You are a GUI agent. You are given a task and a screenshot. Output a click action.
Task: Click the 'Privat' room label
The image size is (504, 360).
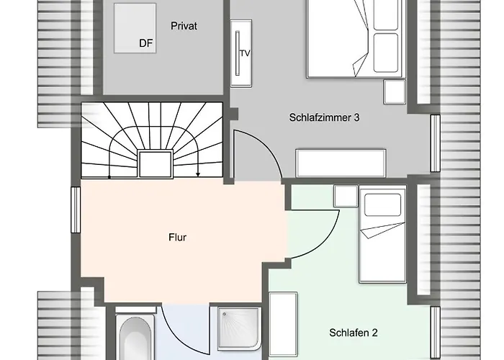click(184, 26)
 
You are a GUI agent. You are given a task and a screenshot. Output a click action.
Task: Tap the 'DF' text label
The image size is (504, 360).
click(146, 43)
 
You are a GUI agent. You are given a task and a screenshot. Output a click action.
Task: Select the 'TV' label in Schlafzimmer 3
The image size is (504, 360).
click(245, 53)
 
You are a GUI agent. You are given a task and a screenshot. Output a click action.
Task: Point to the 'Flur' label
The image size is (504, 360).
click(176, 236)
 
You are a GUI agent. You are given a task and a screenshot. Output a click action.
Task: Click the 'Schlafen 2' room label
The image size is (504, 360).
click(354, 333)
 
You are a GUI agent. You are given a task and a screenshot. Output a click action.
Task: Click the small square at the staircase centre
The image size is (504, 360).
click(155, 163)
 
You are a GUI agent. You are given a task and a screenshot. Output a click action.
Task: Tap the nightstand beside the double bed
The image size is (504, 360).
click(395, 93)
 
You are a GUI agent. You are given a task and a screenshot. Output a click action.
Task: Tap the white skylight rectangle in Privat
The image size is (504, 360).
click(135, 27)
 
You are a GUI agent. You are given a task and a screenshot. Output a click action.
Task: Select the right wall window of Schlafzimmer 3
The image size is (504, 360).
click(435, 143)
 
